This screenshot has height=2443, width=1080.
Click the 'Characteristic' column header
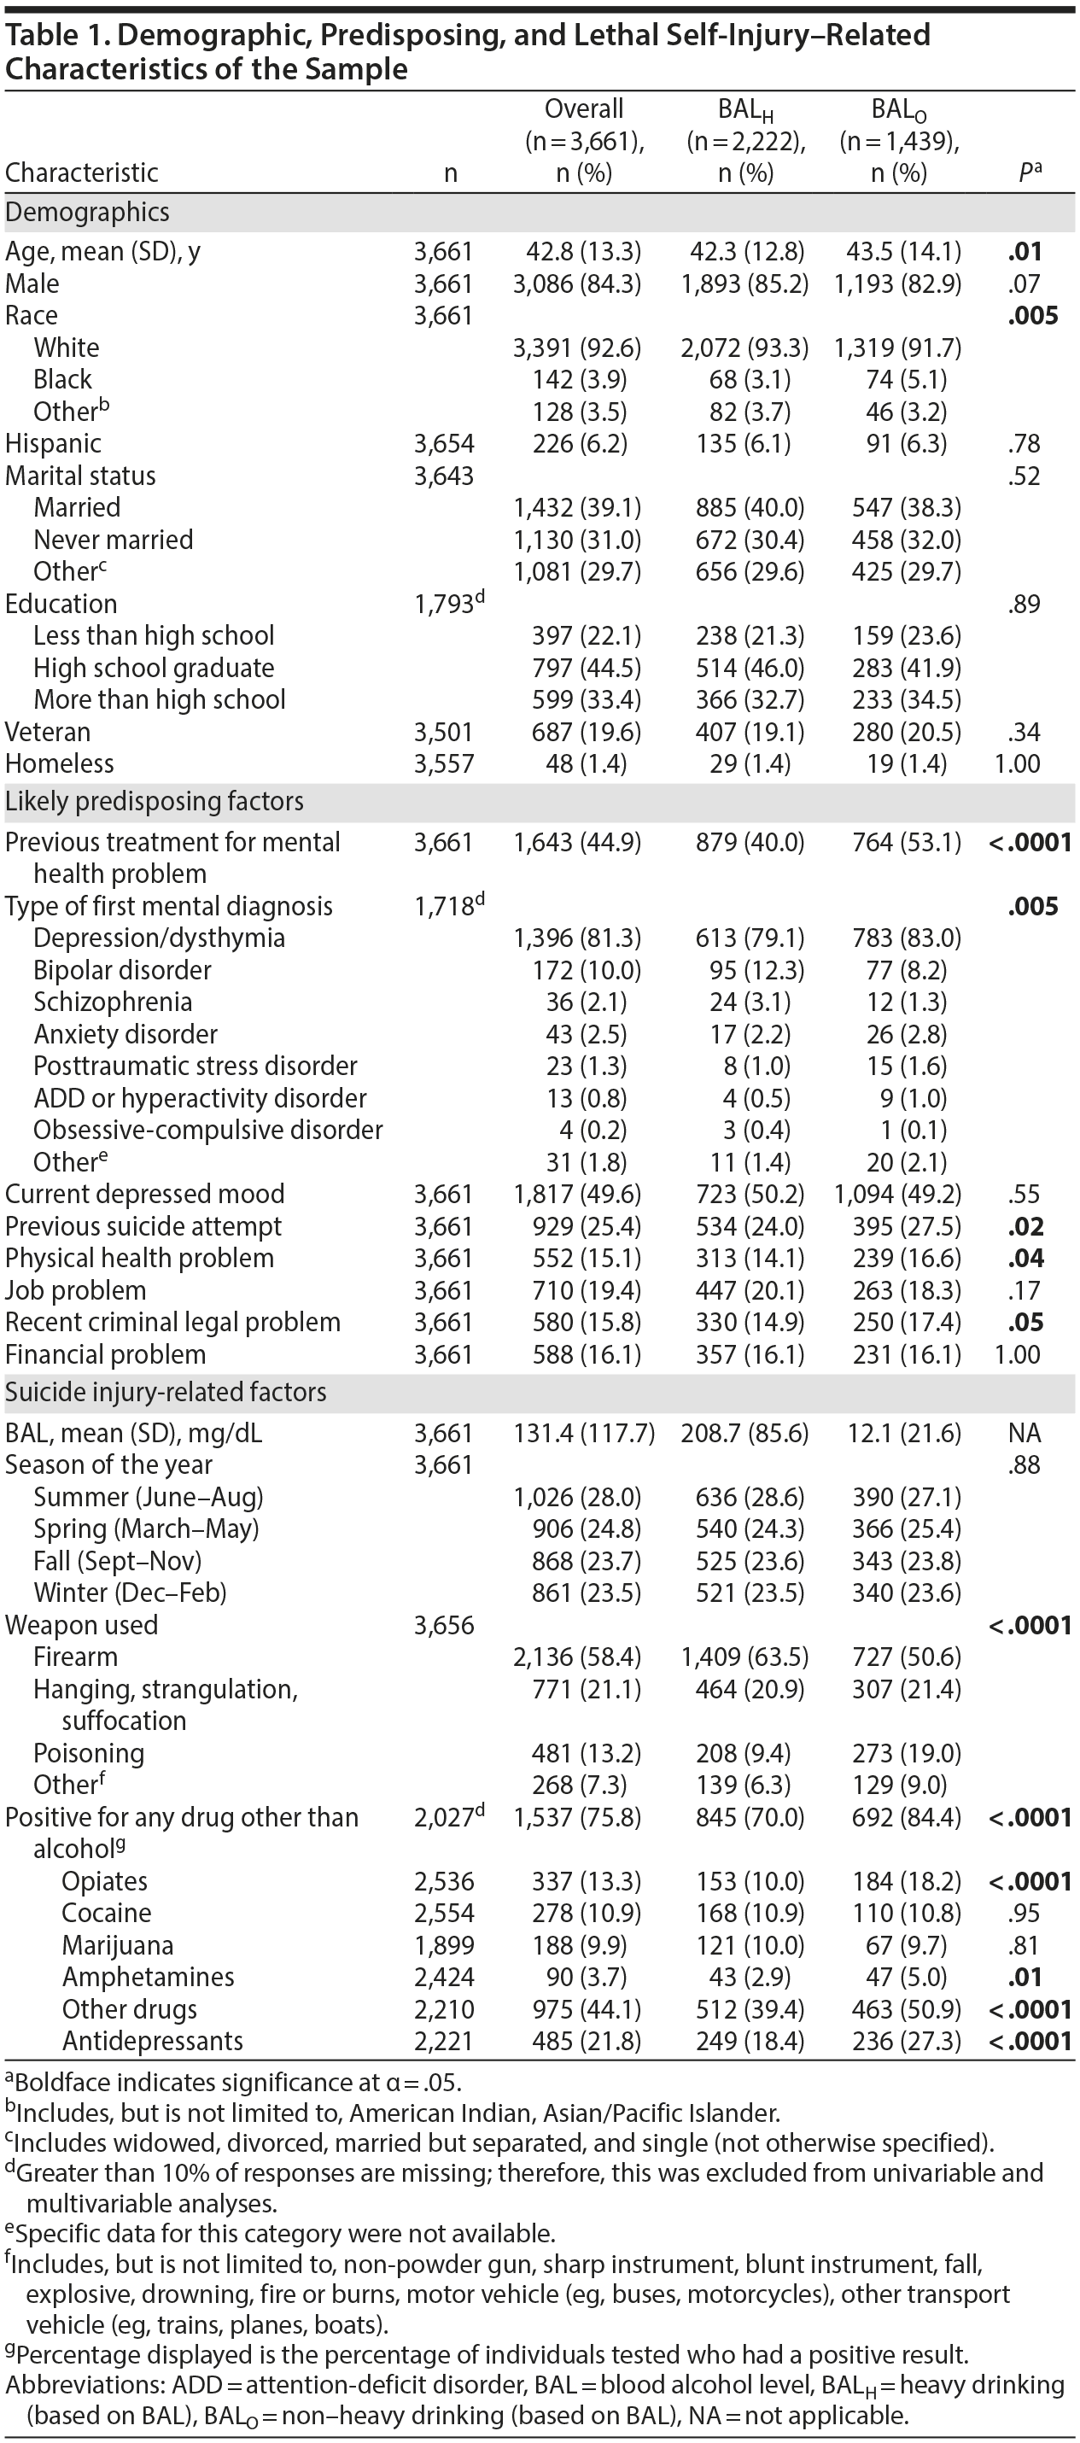(x=82, y=172)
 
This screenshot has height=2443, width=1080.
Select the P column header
(x=1029, y=172)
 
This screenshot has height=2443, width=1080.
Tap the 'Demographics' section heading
(x=87, y=213)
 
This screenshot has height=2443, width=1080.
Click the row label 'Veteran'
(x=49, y=732)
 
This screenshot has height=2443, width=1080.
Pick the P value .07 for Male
(x=1024, y=283)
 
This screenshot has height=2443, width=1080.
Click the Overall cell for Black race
(x=580, y=379)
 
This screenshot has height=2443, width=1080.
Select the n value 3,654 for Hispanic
(x=444, y=444)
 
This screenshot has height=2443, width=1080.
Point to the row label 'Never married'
(x=113, y=540)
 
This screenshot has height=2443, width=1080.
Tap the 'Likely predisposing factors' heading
(x=155, y=801)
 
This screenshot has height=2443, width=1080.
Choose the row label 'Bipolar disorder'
(x=122, y=970)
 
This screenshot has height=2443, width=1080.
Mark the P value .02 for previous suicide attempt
(x=1025, y=1226)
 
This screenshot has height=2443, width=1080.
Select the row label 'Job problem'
(x=76, y=1291)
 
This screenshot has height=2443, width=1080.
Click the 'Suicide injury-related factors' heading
(x=166, y=1392)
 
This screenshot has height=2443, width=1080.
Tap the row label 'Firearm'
(x=76, y=1657)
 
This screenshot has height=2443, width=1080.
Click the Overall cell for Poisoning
(x=580, y=1754)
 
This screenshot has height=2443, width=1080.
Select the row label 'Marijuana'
(x=118, y=1946)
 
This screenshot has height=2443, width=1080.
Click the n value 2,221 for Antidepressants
(x=444, y=2041)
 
